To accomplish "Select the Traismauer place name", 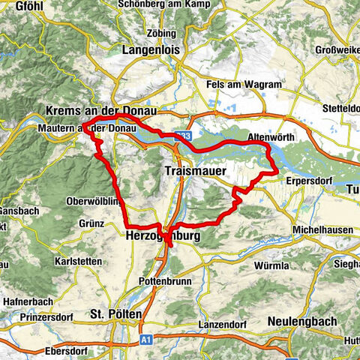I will click(191, 172).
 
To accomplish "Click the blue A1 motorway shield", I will click(145, 340).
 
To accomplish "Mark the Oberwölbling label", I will click(92, 201).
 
